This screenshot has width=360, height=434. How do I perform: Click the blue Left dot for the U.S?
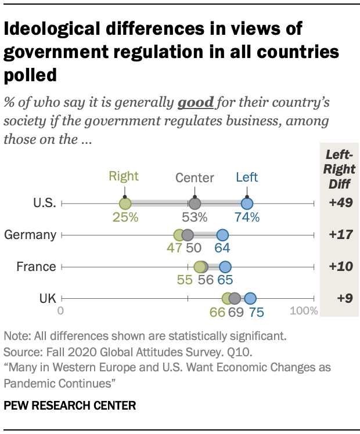coord(247,204)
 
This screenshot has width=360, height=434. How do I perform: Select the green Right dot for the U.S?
coord(125,204)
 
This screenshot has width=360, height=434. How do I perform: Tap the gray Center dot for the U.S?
coord(195,204)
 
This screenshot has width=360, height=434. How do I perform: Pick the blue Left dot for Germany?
coord(222,235)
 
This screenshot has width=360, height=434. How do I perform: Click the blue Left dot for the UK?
coord(250,298)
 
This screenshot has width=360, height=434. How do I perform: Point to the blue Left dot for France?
coord(225,267)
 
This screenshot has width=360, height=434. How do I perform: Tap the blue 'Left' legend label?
coord(247,177)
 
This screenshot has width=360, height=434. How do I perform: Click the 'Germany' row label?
coord(30,235)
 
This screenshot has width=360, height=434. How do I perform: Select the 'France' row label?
coord(36,267)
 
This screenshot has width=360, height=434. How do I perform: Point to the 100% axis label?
coord(304,310)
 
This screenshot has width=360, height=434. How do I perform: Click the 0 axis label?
coord(60,310)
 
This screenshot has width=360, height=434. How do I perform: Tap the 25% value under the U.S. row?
coord(125,218)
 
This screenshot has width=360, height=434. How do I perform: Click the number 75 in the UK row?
coord(256,312)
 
